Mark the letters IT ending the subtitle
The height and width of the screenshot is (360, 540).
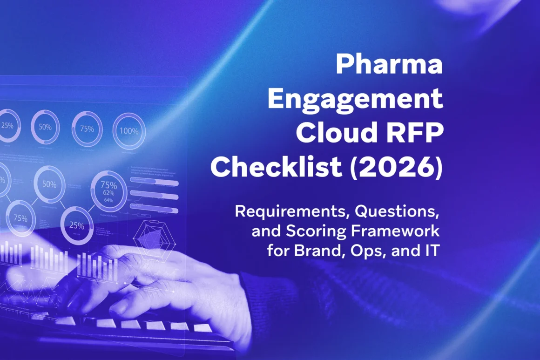pos(431,251)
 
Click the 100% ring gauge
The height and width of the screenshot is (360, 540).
pos(129,131)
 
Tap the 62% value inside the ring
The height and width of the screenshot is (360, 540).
pos(108,192)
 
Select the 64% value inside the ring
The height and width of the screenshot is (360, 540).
pos(108,200)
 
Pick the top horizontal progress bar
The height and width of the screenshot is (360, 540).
pos(154,183)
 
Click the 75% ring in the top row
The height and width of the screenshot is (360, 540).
pos(87,129)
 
